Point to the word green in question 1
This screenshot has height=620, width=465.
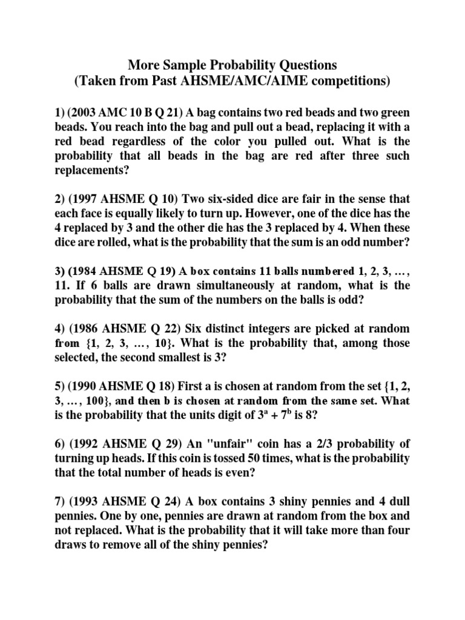click(393, 113)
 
